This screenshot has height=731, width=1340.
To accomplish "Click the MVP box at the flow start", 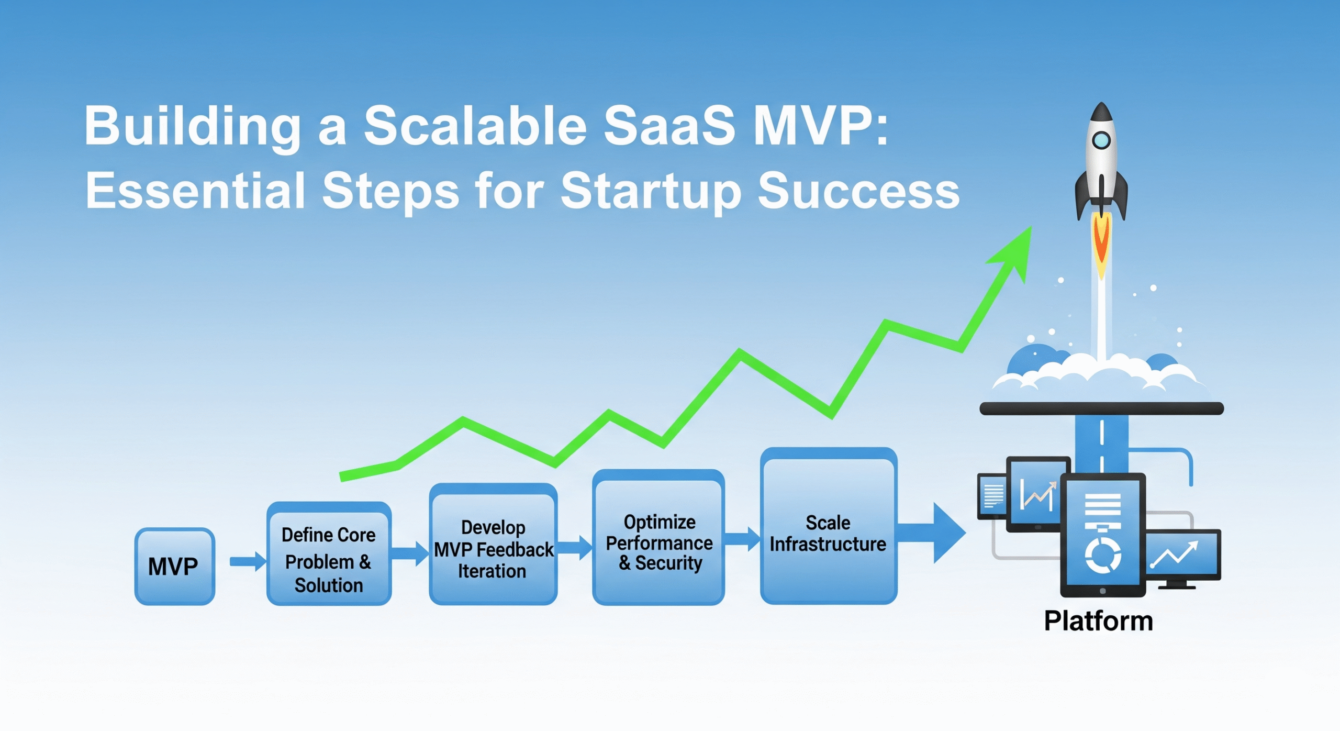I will [x=174, y=566].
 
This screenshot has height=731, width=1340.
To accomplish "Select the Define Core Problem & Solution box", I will [x=329, y=554].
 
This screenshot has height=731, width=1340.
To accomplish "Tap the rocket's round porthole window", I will [x=1101, y=140].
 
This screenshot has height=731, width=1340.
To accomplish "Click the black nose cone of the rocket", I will [x=1101, y=112].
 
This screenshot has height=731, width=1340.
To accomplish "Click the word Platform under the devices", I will [x=1098, y=621].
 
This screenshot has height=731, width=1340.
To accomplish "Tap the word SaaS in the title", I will [x=669, y=126].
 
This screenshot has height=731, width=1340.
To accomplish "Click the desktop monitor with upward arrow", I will [x=1183, y=556].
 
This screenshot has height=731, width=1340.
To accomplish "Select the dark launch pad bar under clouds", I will [x=1101, y=408].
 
